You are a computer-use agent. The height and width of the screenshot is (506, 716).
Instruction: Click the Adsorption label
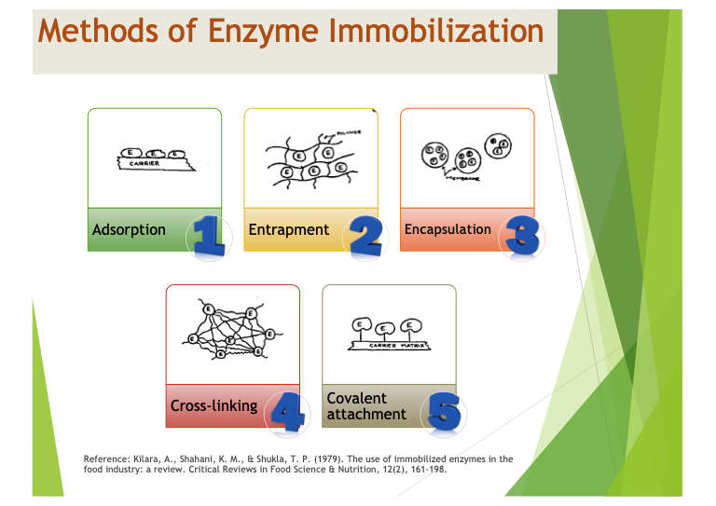coord(129,229)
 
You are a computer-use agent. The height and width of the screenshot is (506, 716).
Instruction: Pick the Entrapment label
coord(288,229)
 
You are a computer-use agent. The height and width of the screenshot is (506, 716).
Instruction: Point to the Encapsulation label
coord(447,229)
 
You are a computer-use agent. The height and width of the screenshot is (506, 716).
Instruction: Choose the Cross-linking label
coord(213,406)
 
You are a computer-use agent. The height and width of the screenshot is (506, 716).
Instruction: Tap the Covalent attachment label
coord(366,406)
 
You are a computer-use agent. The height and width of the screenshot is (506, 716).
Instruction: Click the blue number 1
coord(209,236)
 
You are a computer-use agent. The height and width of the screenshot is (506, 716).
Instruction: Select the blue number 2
coord(365,236)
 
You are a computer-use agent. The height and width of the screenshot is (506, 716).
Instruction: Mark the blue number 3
coord(522,236)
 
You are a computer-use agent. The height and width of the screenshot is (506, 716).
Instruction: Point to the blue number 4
coord(287,412)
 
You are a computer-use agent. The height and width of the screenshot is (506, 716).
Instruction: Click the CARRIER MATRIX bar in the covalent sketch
coord(388,345)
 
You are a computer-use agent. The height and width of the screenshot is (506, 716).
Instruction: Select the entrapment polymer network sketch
coord(308,158)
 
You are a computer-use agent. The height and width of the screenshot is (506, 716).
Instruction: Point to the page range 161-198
coord(426,469)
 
